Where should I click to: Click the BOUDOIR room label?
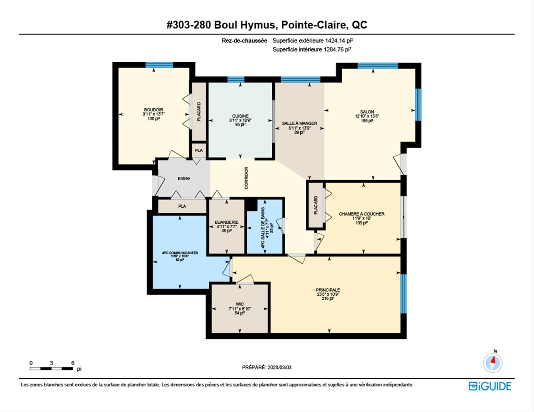pyautogui.click(x=154, y=110)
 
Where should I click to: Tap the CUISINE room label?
pyautogui.click(x=240, y=116)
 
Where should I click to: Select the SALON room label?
pyautogui.click(x=367, y=112)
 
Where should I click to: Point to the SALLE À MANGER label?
pyautogui.click(x=299, y=123)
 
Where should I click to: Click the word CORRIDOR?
pyautogui.click(x=246, y=178)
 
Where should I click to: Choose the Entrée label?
pyautogui.click(x=184, y=178)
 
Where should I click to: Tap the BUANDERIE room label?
pyautogui.click(x=227, y=222)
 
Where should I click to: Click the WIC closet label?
pyautogui.click(x=240, y=304)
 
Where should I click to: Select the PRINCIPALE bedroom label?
pyautogui.click(x=328, y=290)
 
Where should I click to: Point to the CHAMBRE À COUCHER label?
pyautogui.click(x=362, y=214)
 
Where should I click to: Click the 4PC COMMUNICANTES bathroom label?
pyautogui.click(x=180, y=253)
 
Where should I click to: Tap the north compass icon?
pyautogui.click(x=493, y=363)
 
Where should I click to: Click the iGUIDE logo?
pyautogui.click(x=490, y=386)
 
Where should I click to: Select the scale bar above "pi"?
pyautogui.click(x=51, y=369)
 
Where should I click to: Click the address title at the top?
pyautogui.click(x=267, y=25)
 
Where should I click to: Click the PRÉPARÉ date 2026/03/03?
pyautogui.click(x=280, y=367)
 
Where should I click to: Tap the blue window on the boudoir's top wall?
pyautogui.click(x=159, y=65)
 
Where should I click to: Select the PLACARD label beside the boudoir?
pyautogui.click(x=199, y=112)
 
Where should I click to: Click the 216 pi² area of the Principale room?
pyautogui.click(x=328, y=298)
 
